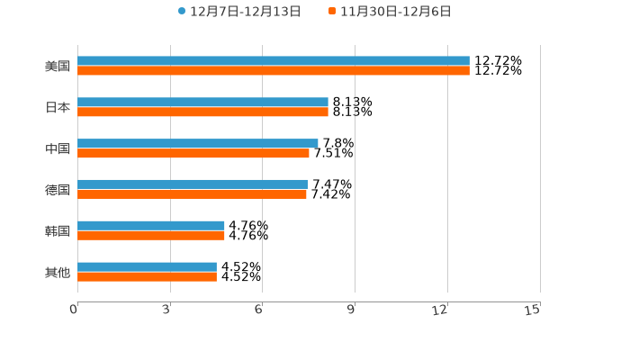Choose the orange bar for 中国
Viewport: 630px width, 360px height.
pyautogui.click(x=193, y=153)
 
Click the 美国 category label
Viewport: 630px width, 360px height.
pyautogui.click(x=58, y=66)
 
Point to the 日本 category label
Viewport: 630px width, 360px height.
pyautogui.click(x=58, y=107)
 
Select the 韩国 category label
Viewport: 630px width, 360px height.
pyautogui.click(x=58, y=230)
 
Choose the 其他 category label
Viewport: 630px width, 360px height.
pyautogui.click(x=58, y=272)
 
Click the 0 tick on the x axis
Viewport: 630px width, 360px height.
pyautogui.click(x=75, y=310)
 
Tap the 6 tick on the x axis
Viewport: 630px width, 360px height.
pyautogui.click(x=259, y=310)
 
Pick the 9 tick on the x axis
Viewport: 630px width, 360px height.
pyautogui.click(x=352, y=310)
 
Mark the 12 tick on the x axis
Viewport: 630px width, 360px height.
pyautogui.click(x=441, y=310)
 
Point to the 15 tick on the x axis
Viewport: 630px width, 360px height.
pyautogui.click(x=534, y=310)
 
